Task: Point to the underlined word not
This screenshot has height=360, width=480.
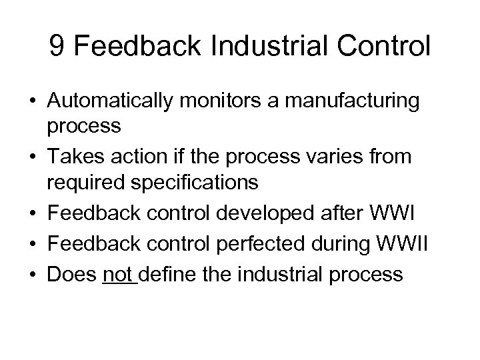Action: point(118,275)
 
